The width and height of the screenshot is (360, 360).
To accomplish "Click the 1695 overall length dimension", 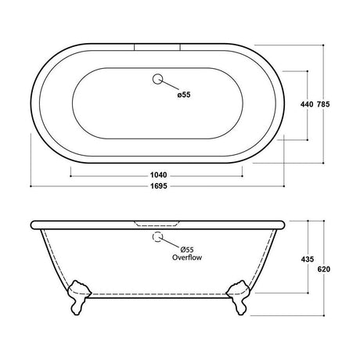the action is pyautogui.click(x=159, y=186).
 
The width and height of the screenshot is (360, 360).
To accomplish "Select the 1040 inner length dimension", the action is pyautogui.click(x=158, y=175).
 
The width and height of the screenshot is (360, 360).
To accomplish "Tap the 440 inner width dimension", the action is pyautogui.click(x=307, y=104).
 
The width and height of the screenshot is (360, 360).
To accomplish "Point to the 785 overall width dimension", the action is pyautogui.click(x=323, y=104).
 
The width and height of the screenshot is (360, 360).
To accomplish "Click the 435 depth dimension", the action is pyautogui.click(x=308, y=260).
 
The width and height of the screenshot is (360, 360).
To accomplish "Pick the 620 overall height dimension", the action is pyautogui.click(x=324, y=269).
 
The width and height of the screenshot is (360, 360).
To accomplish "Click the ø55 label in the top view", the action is pyautogui.click(x=184, y=95).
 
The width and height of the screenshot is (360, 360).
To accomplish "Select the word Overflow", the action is pyautogui.click(x=187, y=257).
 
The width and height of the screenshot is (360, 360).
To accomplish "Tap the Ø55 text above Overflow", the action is pyautogui.click(x=187, y=250).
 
